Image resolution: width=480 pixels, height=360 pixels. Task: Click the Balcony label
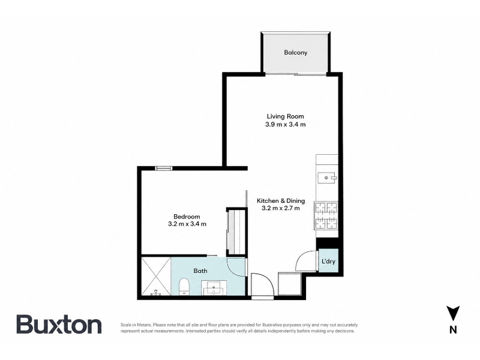pyautogui.click(x=295, y=52)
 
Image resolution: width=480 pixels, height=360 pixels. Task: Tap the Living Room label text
pyautogui.click(x=286, y=116)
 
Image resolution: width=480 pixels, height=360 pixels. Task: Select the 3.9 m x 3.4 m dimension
pyautogui.click(x=286, y=124)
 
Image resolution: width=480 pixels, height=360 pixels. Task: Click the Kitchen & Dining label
pyautogui.click(x=281, y=201)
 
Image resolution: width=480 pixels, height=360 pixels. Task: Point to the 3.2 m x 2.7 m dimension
pyautogui.click(x=281, y=208)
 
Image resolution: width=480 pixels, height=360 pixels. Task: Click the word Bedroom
pyautogui.click(x=187, y=217)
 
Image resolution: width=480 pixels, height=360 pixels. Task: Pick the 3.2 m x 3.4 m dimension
pyautogui.click(x=187, y=224)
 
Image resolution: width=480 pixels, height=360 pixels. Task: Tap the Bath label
pyautogui.click(x=200, y=271)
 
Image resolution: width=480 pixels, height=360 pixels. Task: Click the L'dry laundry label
pyautogui.click(x=328, y=262)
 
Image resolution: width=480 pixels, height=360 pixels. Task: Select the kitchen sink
pyautogui.click(x=327, y=178)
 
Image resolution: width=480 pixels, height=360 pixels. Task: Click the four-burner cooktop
pyautogui.click(x=326, y=215)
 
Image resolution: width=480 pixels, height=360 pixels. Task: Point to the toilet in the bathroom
pyautogui.click(x=184, y=287)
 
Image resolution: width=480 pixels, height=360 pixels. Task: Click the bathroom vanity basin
pyautogui.click(x=214, y=289)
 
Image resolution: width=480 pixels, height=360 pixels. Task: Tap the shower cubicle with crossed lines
pyautogui.click(x=156, y=277)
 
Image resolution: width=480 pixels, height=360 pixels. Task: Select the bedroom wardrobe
pyautogui.click(x=236, y=232)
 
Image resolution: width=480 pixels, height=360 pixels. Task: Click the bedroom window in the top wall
pyautogui.click(x=163, y=168)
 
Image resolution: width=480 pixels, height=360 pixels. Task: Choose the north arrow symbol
pyautogui.click(x=453, y=313)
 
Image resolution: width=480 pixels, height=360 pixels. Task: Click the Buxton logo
pyautogui.click(x=59, y=324)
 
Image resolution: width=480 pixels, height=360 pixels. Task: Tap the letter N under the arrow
pyautogui.click(x=453, y=329)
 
